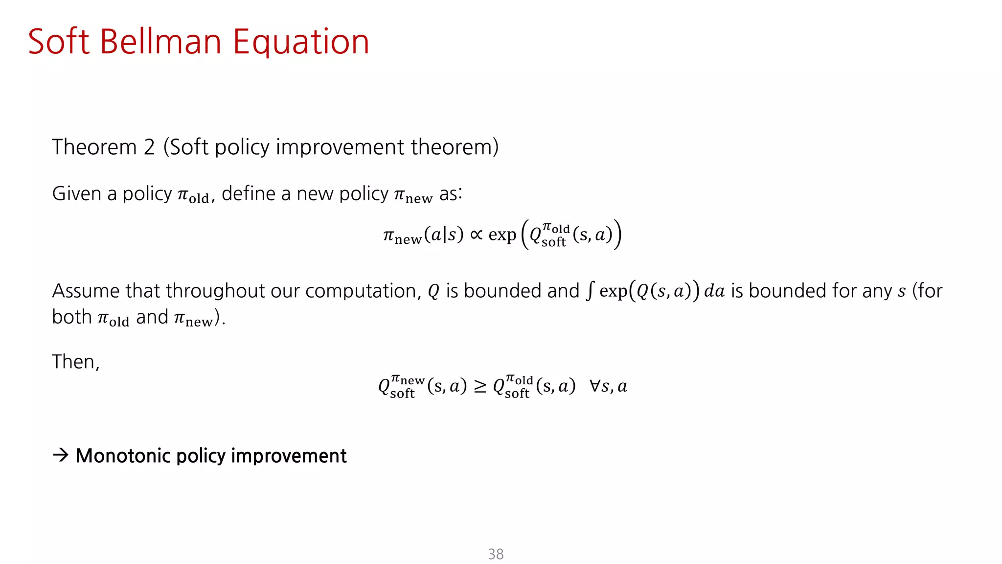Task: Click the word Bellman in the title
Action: point(161,42)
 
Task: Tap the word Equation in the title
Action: point(300,43)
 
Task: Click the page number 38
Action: point(496,554)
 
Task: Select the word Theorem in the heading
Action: point(94,147)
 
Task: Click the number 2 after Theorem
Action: point(149,147)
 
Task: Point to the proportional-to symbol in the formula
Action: point(476,235)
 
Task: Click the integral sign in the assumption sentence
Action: point(590,291)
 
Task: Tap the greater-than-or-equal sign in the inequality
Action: point(480,387)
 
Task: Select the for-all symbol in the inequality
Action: point(595,386)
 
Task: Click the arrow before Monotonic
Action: point(61,455)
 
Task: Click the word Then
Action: point(75,362)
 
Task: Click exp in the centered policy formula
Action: point(502,235)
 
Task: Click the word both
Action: point(72,317)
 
